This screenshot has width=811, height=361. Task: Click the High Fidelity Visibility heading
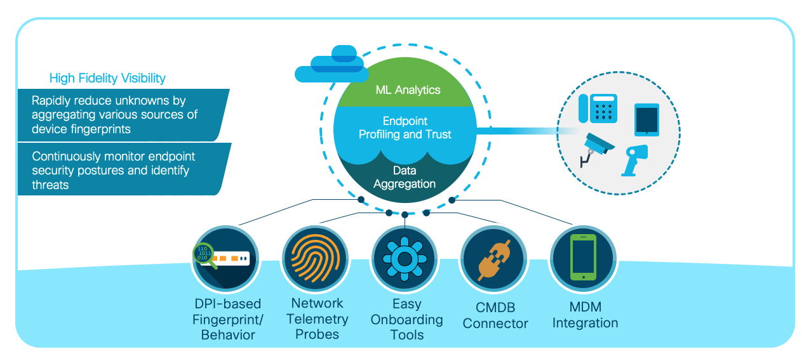pyautogui.click(x=107, y=78)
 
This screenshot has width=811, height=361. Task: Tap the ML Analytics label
pyautogui.click(x=408, y=90)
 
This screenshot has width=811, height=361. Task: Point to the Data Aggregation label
pyautogui.click(x=405, y=178)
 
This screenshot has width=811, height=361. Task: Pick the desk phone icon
pyautogui.click(x=598, y=108)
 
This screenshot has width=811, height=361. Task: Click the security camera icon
pyautogui.click(x=597, y=148)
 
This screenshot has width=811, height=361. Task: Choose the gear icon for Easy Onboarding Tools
pyautogui.click(x=403, y=259)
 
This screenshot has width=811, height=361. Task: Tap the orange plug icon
pyautogui.click(x=493, y=259)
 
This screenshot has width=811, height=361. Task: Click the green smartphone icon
pyautogui.click(x=583, y=258)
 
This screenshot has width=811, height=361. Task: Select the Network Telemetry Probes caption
pyautogui.click(x=317, y=318)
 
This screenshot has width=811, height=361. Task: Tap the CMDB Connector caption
pyautogui.click(x=495, y=315)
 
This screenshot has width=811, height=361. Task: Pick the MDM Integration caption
pyautogui.click(x=585, y=315)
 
